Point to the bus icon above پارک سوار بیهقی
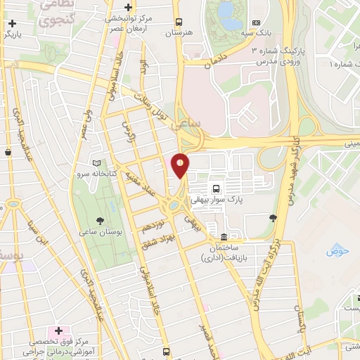(215, 188)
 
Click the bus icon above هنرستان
(179, 21)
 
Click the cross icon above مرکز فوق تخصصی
(59, 330)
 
